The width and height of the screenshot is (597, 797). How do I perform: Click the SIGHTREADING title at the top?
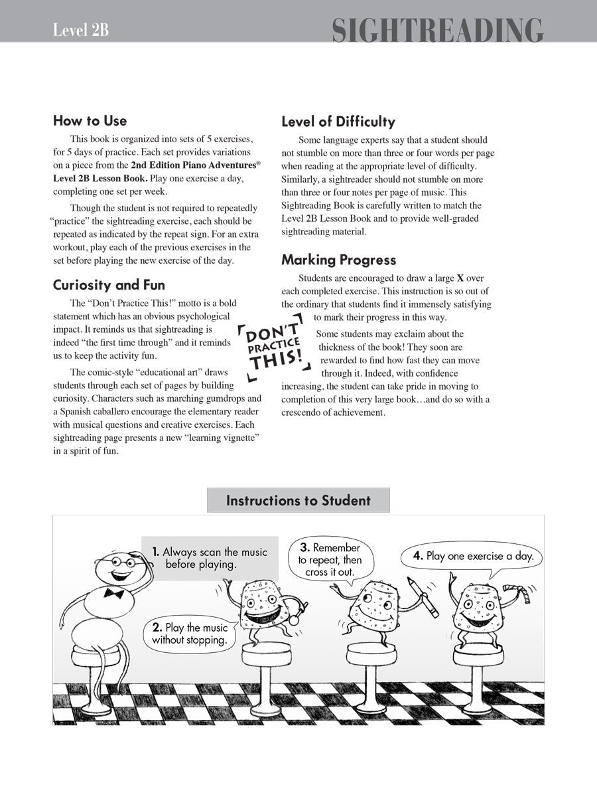tap(437, 31)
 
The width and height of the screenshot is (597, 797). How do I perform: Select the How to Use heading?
tap(90, 121)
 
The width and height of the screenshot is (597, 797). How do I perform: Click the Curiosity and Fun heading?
tap(109, 285)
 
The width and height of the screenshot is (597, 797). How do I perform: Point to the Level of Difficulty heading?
tap(338, 122)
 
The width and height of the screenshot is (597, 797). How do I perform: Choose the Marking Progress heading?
tap(338, 260)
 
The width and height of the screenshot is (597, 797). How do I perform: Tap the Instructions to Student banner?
tap(298, 500)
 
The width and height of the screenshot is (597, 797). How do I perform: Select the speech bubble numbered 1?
tap(210, 558)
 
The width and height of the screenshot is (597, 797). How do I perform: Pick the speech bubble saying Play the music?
tap(190, 634)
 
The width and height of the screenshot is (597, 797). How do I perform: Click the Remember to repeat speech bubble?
tap(330, 559)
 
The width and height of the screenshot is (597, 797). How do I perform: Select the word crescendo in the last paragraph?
tap(307, 412)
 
